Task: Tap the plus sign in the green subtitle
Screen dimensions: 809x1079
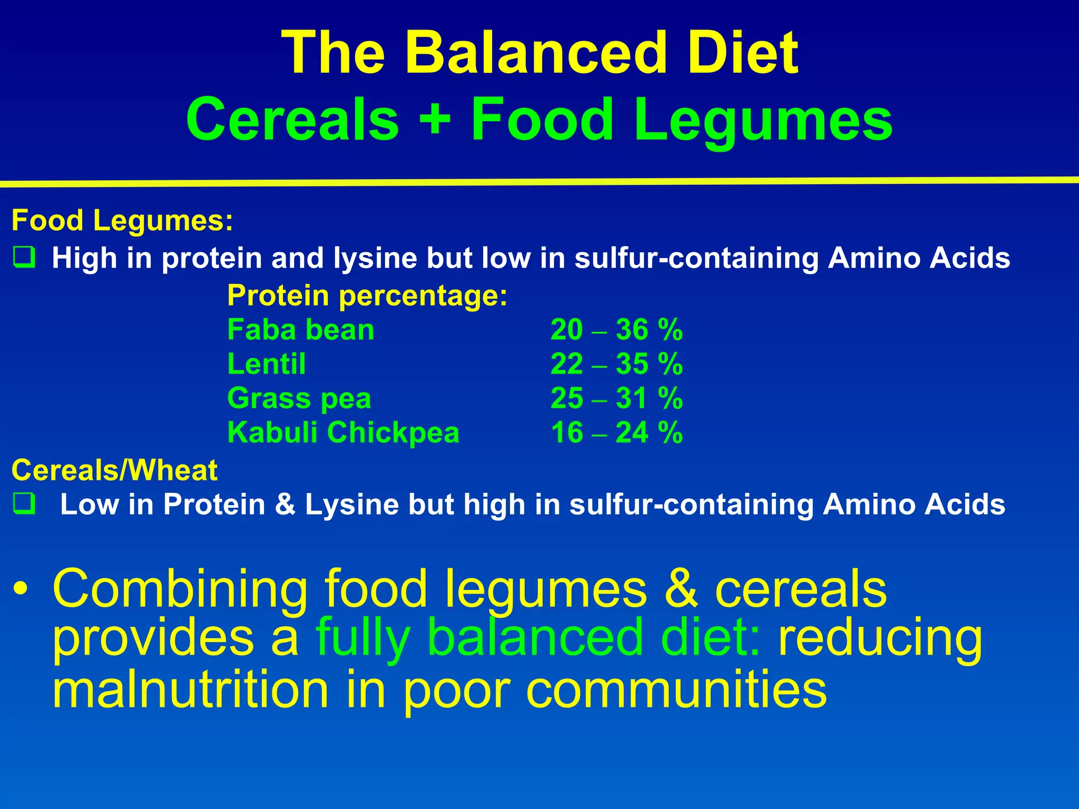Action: point(435,120)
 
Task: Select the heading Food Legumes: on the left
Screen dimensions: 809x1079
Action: point(122,220)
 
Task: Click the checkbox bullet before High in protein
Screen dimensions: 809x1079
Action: point(24,258)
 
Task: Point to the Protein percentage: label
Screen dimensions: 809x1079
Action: point(367,295)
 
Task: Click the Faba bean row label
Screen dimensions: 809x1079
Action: point(300,330)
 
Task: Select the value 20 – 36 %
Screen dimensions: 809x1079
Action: point(616,330)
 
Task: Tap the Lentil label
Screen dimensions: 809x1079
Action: point(266,364)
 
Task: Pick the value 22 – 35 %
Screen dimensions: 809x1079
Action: point(616,364)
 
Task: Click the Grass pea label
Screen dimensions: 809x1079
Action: point(299,399)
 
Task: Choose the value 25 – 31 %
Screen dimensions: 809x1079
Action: point(616,399)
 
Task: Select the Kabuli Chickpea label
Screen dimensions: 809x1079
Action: point(343,433)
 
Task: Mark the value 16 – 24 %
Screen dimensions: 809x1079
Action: point(616,433)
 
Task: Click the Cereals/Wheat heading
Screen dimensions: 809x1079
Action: point(114,470)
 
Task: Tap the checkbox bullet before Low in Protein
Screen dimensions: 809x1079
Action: point(24,504)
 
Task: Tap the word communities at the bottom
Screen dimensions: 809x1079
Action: point(676,690)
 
